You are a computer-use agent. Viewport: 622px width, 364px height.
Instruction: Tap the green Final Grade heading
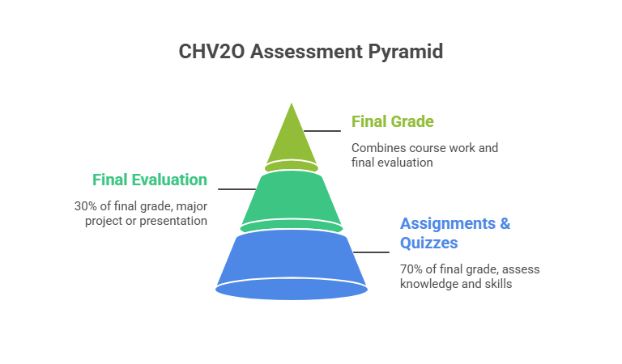(392, 122)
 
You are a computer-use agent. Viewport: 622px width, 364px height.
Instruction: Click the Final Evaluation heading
(149, 180)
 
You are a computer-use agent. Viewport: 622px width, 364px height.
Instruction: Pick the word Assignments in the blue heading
(446, 223)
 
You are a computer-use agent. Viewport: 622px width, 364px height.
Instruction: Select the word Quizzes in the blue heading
(430, 243)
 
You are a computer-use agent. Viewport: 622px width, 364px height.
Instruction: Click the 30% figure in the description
(85, 205)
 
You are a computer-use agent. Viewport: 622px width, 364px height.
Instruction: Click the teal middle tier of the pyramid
(291, 198)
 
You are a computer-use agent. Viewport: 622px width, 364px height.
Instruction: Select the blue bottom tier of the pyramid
(291, 259)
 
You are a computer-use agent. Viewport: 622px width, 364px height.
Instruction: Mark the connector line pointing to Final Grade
(322, 130)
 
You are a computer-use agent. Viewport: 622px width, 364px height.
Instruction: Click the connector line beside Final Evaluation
(236, 188)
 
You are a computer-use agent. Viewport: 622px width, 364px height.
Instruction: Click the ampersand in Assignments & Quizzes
(505, 223)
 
